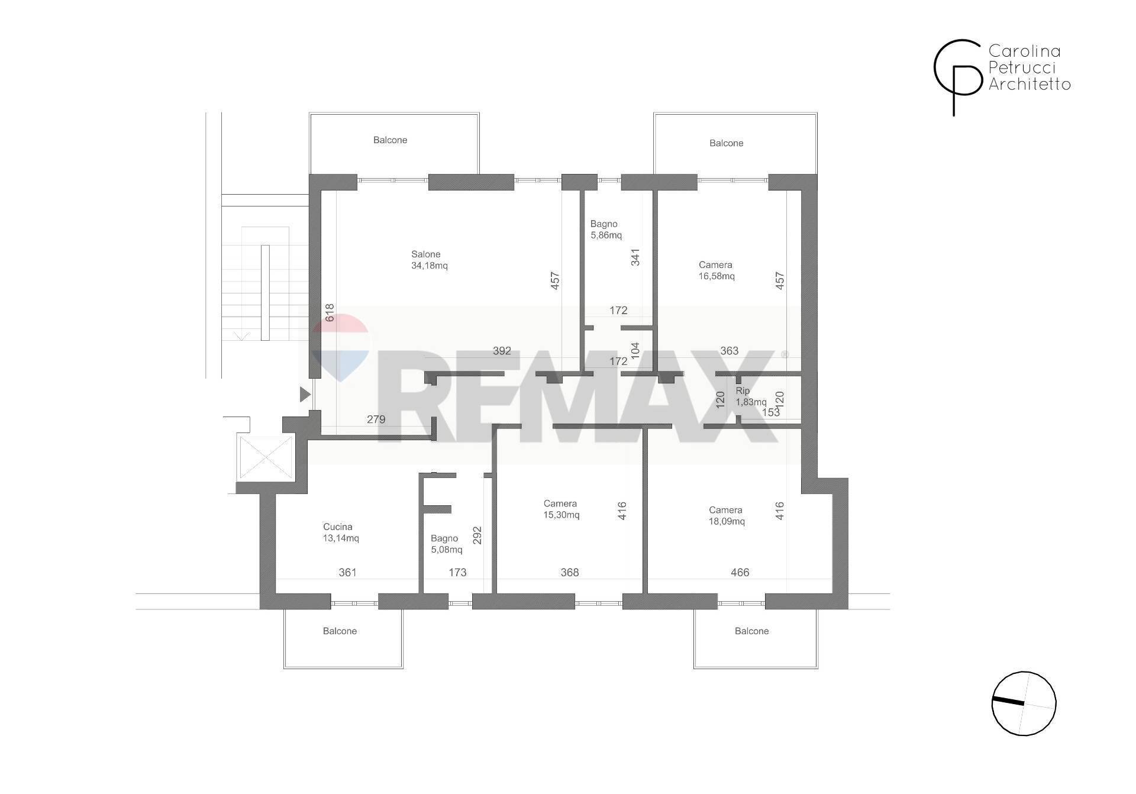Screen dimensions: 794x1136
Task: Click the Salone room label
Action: pyautogui.click(x=425, y=254)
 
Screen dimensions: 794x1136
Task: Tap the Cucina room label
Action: pyautogui.click(x=337, y=527)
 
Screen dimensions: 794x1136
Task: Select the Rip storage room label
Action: pyautogui.click(x=743, y=390)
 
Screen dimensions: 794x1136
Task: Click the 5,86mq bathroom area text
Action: pyautogui.click(x=606, y=235)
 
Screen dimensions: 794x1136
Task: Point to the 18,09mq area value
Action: pyautogui.click(x=727, y=521)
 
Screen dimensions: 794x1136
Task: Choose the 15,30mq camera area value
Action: pyautogui.click(x=561, y=515)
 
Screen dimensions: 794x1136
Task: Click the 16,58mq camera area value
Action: pyautogui.click(x=717, y=276)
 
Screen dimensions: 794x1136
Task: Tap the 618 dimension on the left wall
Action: pyautogui.click(x=330, y=312)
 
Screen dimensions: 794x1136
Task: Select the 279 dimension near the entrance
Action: pyautogui.click(x=376, y=419)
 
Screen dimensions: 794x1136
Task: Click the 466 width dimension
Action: pyautogui.click(x=740, y=572)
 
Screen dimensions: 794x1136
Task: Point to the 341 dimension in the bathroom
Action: pyautogui.click(x=635, y=257)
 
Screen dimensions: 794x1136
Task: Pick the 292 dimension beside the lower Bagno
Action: pyautogui.click(x=477, y=535)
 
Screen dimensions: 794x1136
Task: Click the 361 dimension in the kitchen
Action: pyautogui.click(x=347, y=572)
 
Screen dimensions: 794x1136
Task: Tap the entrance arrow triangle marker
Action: pyautogui.click(x=305, y=394)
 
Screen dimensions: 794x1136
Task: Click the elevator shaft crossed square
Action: pyautogui.click(x=265, y=457)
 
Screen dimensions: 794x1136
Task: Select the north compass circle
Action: pyautogui.click(x=1024, y=703)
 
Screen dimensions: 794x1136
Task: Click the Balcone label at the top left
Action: pyautogui.click(x=390, y=140)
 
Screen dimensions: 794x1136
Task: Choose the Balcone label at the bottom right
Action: pyautogui.click(x=751, y=631)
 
